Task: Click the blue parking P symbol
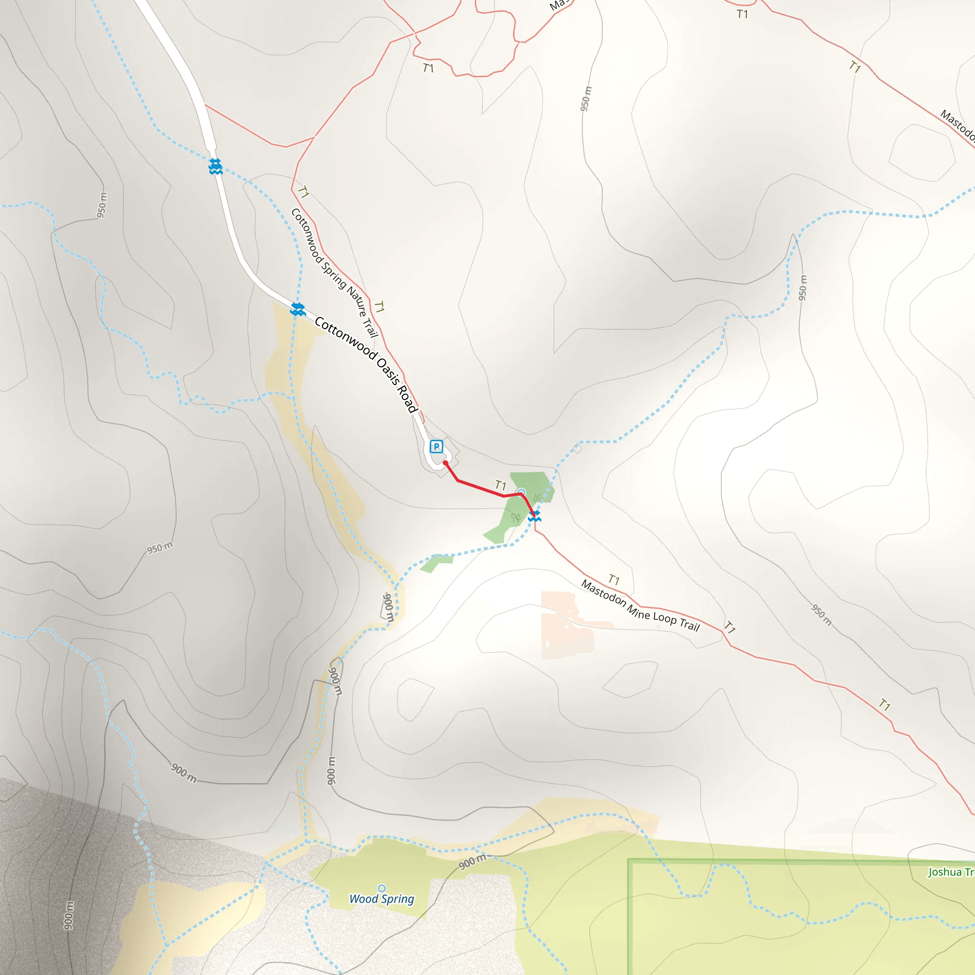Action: [x=437, y=447]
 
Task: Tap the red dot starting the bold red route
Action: [x=446, y=463]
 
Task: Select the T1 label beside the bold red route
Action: [x=500, y=485]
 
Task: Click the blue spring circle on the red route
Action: [x=521, y=493]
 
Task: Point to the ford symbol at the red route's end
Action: [x=535, y=516]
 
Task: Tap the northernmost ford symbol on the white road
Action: [x=216, y=166]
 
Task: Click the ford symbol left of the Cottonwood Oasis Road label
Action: [x=298, y=309]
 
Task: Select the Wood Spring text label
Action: [x=381, y=899]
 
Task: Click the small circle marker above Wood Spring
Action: [x=381, y=888]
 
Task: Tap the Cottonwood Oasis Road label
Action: [x=367, y=364]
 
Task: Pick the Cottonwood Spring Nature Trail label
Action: [x=334, y=272]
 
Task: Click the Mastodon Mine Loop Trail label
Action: [x=640, y=606]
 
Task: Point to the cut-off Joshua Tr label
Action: [x=951, y=872]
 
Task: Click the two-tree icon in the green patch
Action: [x=516, y=517]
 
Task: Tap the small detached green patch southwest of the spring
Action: [x=436, y=563]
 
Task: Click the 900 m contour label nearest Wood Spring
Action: [x=472, y=862]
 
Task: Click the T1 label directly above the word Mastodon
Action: [x=614, y=579]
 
